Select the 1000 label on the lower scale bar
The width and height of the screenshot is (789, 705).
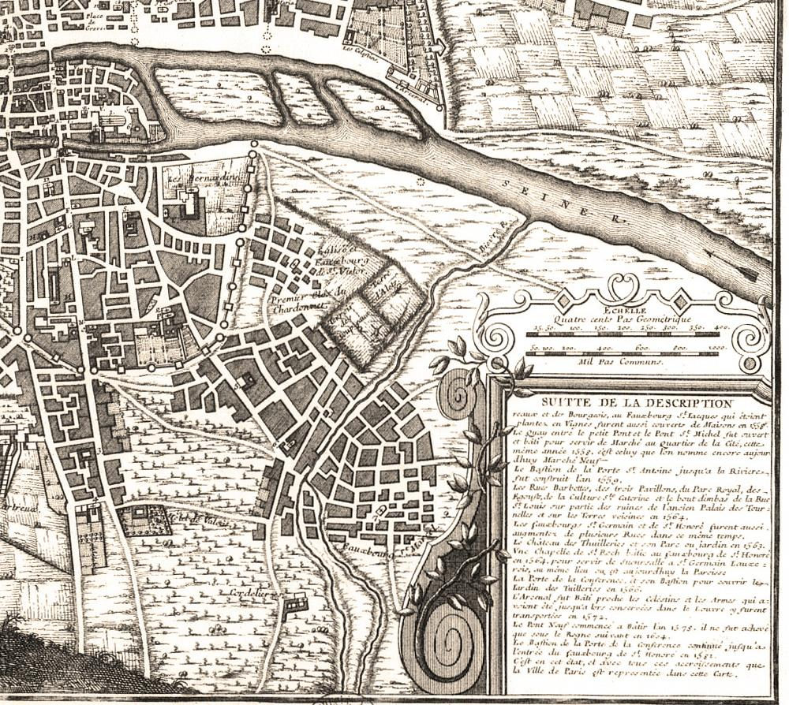(x=716, y=347)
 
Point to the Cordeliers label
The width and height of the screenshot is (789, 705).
(x=245, y=589)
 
